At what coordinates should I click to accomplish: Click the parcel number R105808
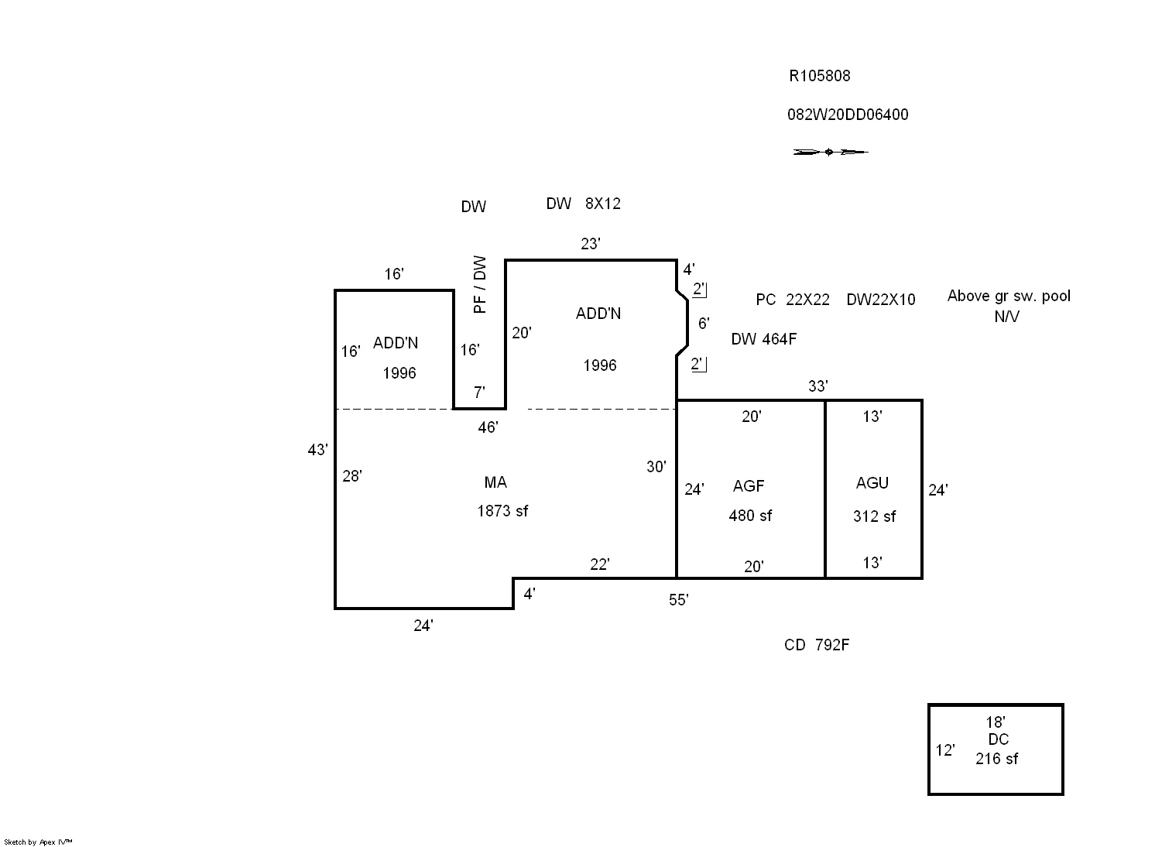pyautogui.click(x=819, y=76)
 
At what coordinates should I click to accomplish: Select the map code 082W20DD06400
pyautogui.click(x=848, y=115)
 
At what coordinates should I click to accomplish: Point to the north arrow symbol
pyautogui.click(x=830, y=152)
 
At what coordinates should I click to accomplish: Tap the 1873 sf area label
pyautogui.click(x=502, y=511)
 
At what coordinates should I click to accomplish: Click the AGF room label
pyautogui.click(x=749, y=486)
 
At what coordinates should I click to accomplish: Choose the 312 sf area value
pyautogui.click(x=874, y=516)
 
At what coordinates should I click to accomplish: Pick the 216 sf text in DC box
pyautogui.click(x=996, y=759)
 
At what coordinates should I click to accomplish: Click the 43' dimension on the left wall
pyautogui.click(x=317, y=450)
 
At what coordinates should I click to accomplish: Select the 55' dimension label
pyautogui.click(x=679, y=600)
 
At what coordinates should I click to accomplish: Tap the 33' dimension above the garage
pyautogui.click(x=818, y=386)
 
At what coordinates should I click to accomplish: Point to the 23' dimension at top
pyautogui.click(x=591, y=244)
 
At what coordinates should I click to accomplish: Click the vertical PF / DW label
pyautogui.click(x=480, y=284)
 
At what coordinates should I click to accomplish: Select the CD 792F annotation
pyautogui.click(x=817, y=645)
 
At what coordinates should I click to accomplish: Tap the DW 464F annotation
pyautogui.click(x=763, y=338)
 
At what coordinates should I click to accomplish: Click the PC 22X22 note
pyautogui.click(x=792, y=300)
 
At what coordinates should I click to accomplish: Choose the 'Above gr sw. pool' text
pyautogui.click(x=1009, y=296)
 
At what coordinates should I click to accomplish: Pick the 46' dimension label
pyautogui.click(x=488, y=427)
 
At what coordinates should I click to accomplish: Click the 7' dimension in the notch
pyautogui.click(x=479, y=393)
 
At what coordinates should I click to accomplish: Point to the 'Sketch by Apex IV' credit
pyautogui.click(x=38, y=842)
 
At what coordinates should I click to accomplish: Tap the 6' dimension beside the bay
pyautogui.click(x=703, y=323)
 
